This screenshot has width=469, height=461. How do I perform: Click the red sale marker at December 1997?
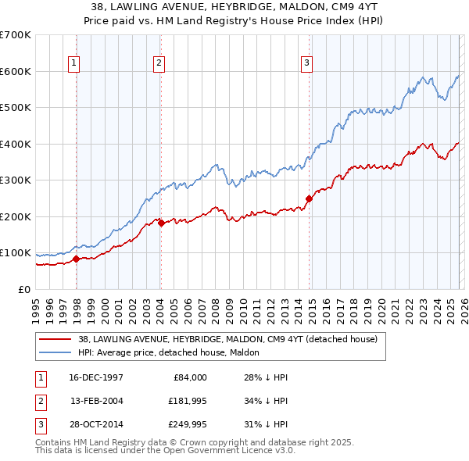76,259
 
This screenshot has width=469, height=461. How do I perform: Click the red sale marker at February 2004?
160,223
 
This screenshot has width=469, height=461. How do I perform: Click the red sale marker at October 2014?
309,198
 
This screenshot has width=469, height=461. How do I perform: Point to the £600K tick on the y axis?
16,71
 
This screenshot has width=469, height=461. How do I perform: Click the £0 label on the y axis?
24,289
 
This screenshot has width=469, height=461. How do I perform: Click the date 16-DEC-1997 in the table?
96,377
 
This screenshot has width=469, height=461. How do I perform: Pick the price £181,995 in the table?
188,400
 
